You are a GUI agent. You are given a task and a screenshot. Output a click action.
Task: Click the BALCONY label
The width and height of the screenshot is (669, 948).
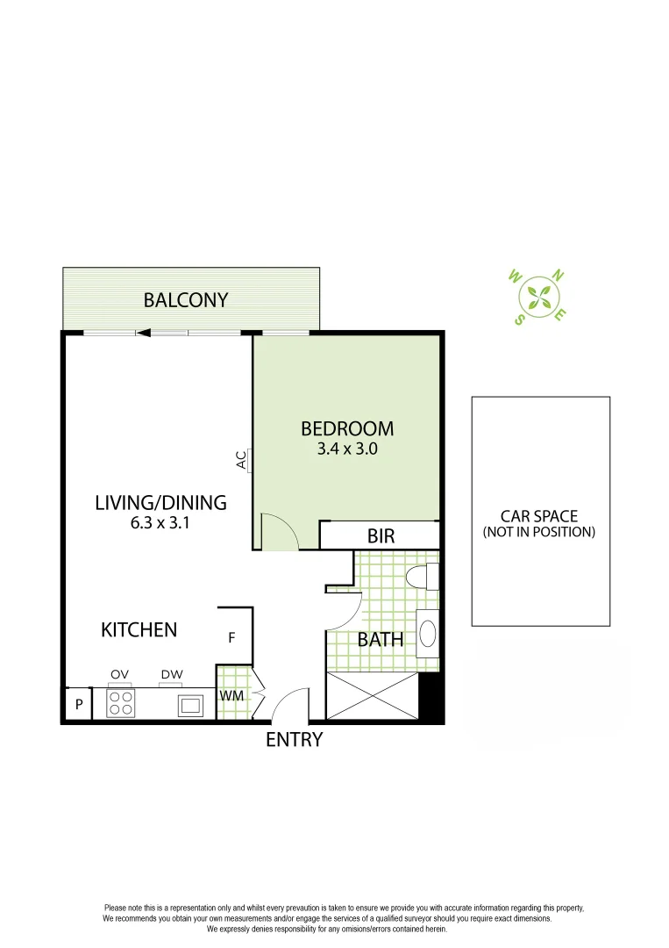pyautogui.click(x=186, y=300)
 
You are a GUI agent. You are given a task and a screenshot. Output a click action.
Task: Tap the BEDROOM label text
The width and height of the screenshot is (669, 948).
pyautogui.click(x=347, y=428)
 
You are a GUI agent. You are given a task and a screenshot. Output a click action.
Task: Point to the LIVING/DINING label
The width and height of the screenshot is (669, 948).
pyautogui.click(x=160, y=503)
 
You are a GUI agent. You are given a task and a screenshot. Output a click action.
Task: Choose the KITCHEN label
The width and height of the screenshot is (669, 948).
pyautogui.click(x=139, y=629)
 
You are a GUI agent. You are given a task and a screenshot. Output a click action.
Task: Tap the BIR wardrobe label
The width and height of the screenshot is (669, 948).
pyautogui.click(x=381, y=535)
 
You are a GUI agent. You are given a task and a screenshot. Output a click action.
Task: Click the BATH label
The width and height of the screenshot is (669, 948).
pyautogui.click(x=381, y=640)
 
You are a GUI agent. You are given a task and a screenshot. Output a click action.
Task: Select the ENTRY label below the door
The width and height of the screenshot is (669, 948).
pyautogui.click(x=295, y=740)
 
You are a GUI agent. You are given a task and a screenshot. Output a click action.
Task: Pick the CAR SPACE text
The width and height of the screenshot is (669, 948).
pyautogui.click(x=539, y=516)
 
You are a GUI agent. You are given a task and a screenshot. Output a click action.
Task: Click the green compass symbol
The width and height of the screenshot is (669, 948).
pyautogui.click(x=538, y=296)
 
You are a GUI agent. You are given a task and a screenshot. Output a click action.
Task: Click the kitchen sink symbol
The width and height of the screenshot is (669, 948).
pyautogui.click(x=190, y=705)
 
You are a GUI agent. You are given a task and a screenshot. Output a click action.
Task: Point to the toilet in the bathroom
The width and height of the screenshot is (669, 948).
pyautogui.click(x=424, y=577)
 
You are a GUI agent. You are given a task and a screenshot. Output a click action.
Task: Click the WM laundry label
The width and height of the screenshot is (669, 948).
pyautogui.click(x=231, y=696)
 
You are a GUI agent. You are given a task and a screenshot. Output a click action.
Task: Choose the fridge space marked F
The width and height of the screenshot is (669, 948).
pyautogui.click(x=231, y=638)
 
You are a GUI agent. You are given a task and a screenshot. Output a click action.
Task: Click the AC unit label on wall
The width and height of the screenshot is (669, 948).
pyautogui.click(x=242, y=460)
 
